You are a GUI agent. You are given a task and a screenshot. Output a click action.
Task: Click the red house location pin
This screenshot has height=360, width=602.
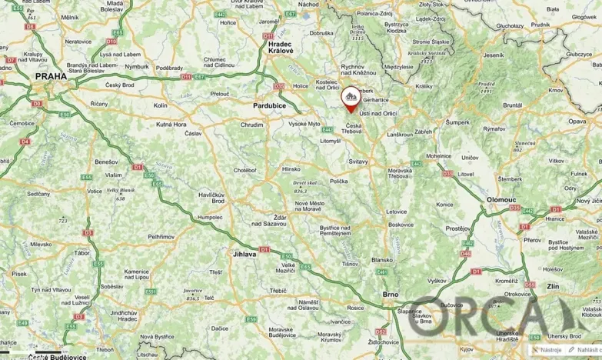(351, 98)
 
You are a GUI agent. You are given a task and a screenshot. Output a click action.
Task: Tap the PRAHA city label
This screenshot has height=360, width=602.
(50, 77)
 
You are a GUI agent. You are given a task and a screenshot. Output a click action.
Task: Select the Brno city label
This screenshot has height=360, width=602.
(391, 294)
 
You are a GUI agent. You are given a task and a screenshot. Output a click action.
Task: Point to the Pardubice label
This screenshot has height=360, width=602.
(269, 105)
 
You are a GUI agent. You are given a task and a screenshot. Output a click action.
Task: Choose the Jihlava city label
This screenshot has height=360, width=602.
(244, 253)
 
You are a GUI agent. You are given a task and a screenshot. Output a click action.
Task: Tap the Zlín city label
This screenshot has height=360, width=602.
(574, 285)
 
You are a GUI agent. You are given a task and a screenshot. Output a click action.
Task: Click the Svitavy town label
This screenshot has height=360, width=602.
(358, 162)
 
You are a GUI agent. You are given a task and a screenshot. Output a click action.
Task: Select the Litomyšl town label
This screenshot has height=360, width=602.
(331, 141)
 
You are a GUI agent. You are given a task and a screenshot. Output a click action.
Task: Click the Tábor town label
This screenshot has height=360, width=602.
(81, 252)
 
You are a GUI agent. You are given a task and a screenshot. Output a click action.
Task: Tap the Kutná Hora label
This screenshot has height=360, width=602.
(171, 124)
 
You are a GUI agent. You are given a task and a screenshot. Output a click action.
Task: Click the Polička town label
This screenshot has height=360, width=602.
(339, 181)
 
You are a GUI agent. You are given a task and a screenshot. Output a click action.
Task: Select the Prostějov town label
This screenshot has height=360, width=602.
(458, 228)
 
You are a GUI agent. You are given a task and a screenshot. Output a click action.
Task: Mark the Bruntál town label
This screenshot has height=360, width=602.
(513, 105)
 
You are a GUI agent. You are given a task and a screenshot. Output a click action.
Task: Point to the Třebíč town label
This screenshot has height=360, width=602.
(278, 291)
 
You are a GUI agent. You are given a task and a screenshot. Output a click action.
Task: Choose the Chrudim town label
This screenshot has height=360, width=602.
(251, 124)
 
